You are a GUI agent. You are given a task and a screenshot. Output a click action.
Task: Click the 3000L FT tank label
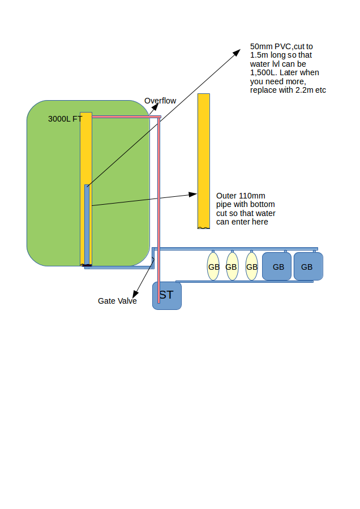tap(65, 119)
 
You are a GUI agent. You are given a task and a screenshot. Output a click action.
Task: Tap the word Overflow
tap(160, 101)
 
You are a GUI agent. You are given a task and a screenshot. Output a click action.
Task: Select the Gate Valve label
tap(117, 301)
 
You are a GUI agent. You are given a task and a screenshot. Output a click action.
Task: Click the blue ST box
tap(167, 296)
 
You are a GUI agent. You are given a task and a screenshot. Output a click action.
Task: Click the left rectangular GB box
tap(277, 267)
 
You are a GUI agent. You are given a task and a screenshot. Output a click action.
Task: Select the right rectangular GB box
tap(308, 267)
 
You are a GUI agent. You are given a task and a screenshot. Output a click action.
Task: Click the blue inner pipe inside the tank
tap(87, 226)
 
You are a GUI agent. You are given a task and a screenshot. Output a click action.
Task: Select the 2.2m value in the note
tap(306, 90)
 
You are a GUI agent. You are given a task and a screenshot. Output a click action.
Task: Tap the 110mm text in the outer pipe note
tap(251, 196)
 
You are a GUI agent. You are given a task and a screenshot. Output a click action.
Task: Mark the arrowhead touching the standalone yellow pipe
tap(194, 195)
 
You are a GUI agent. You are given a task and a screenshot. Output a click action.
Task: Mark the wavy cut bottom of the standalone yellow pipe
tap(204, 227)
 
